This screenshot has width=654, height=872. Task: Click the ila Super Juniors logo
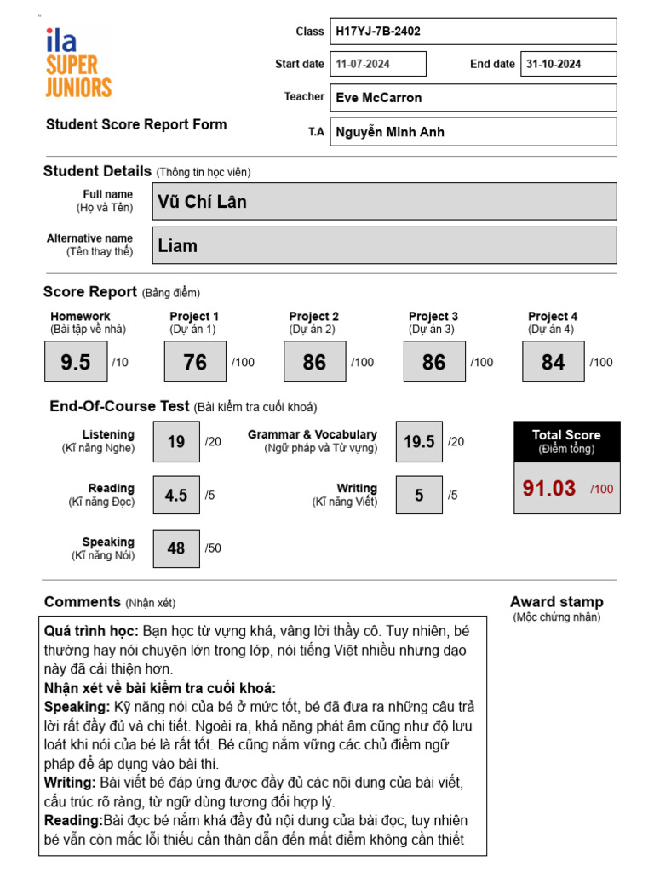click(78, 63)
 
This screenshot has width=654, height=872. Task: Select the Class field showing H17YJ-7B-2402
click(473, 32)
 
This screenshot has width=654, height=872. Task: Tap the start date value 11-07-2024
click(378, 64)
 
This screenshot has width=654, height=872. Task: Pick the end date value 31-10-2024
click(568, 64)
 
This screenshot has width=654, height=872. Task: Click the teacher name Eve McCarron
click(473, 98)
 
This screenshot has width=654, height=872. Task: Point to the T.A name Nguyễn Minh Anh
click(473, 132)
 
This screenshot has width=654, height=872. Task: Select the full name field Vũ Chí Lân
click(385, 202)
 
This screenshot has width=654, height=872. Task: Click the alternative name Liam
click(385, 245)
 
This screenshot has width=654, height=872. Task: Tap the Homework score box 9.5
click(76, 362)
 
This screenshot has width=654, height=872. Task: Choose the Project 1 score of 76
click(195, 362)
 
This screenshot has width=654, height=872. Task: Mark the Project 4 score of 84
click(554, 362)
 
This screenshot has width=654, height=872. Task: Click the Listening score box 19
click(176, 442)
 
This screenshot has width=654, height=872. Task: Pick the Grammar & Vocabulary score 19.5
click(419, 442)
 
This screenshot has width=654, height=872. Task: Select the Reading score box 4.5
click(176, 495)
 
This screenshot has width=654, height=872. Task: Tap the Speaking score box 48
click(176, 548)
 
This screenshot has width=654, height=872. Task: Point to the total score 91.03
click(549, 489)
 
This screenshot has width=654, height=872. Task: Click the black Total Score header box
click(566, 441)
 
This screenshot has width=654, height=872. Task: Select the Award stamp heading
click(556, 602)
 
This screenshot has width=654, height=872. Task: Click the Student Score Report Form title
click(136, 124)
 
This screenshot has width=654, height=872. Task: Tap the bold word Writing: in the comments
click(70, 782)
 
